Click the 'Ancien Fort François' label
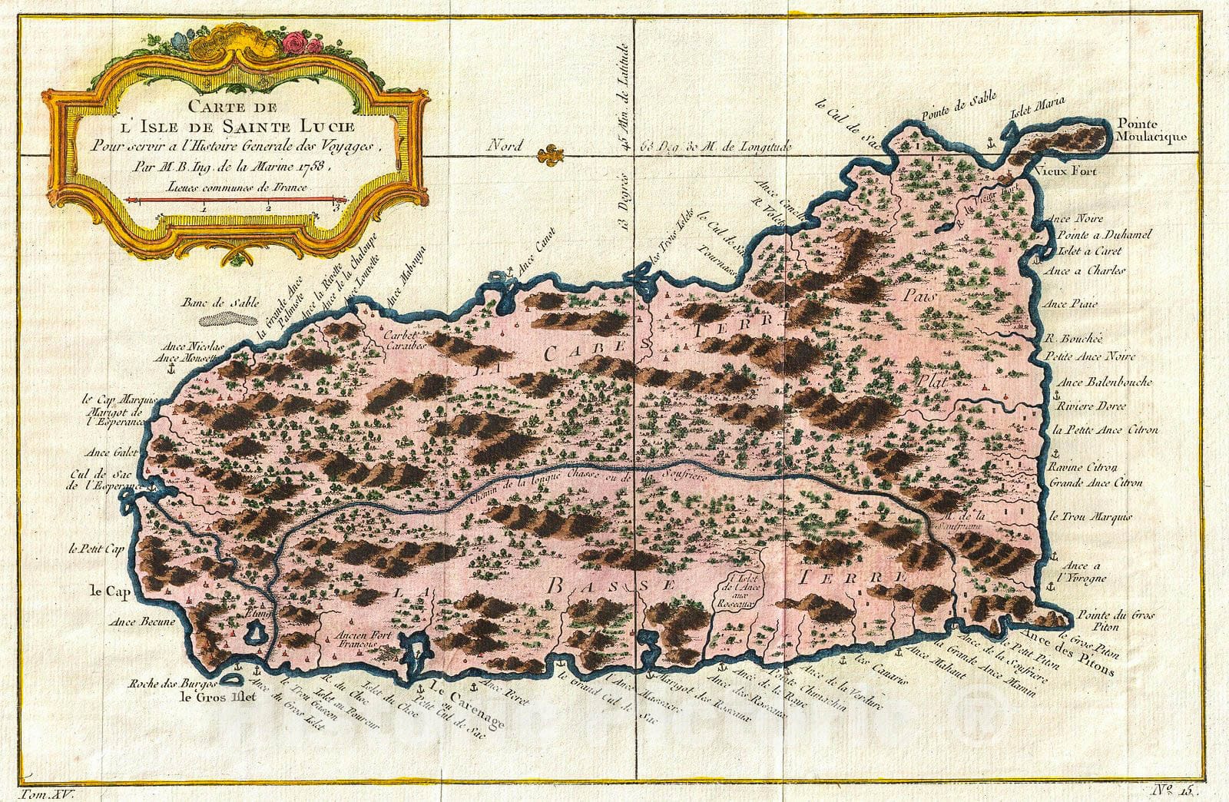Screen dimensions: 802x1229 (359, 641)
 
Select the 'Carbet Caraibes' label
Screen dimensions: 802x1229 (405, 341)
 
